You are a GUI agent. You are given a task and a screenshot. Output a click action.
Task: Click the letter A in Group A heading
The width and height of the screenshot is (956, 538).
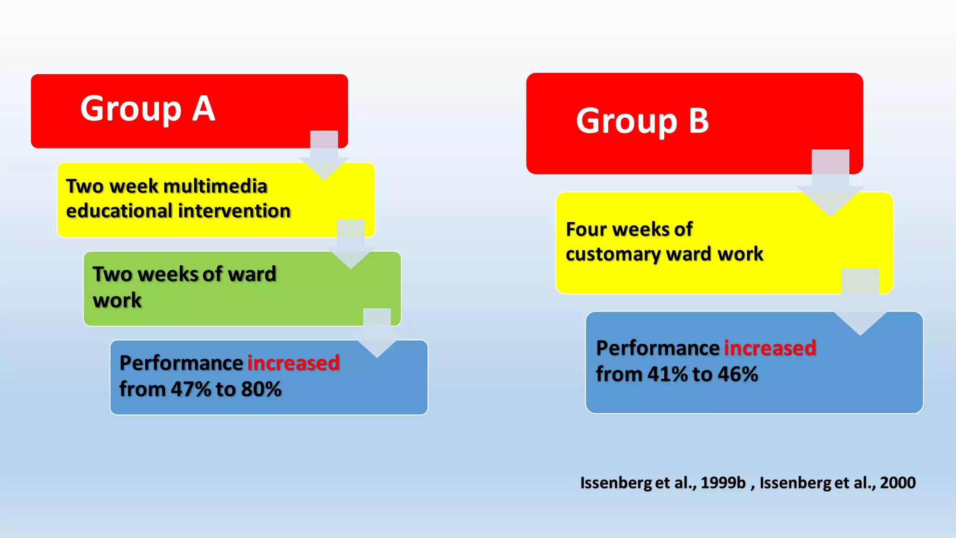tap(204, 109)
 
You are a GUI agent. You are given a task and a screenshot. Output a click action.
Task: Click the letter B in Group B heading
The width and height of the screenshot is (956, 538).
tap(699, 121)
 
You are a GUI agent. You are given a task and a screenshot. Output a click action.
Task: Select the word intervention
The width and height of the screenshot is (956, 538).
tap(235, 211)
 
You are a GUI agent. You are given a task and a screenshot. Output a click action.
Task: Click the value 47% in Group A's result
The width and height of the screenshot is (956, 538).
tap(191, 389)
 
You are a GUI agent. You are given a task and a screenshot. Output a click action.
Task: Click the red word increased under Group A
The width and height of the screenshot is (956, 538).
tap(293, 363)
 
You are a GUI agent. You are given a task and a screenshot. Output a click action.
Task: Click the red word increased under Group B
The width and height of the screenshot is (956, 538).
tap(770, 348)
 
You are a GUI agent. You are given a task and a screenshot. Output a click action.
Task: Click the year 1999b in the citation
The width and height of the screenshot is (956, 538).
tap(723, 482)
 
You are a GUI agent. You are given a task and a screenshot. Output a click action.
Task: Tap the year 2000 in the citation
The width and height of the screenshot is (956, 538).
tap(897, 482)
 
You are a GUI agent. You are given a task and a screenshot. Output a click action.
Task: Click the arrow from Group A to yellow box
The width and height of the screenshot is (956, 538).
tap(324, 156)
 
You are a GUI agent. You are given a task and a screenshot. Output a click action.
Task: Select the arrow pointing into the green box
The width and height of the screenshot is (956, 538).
tap(351, 245)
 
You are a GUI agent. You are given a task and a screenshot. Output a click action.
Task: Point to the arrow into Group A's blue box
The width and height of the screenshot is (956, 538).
tap(377, 334)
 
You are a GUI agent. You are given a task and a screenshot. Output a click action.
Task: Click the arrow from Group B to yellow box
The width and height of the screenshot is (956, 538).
tap(830, 184)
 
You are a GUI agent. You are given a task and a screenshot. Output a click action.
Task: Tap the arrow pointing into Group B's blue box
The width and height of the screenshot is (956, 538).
tap(860, 304)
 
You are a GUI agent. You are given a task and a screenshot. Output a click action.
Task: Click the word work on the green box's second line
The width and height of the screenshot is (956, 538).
tap(117, 300)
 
